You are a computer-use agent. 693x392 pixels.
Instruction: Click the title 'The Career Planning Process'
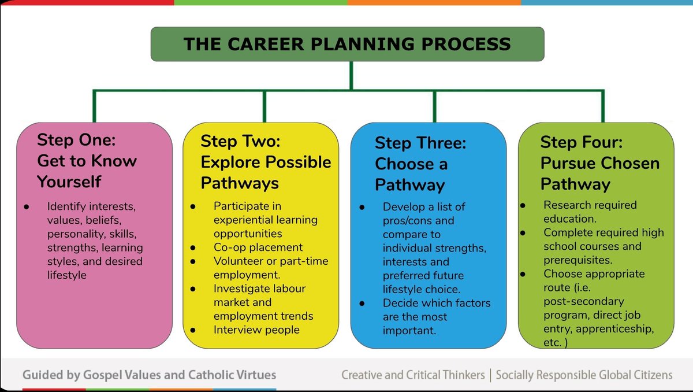(x=346, y=44)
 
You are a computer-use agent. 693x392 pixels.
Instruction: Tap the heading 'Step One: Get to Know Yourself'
(x=87, y=161)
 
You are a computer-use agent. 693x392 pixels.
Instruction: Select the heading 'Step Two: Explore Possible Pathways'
(x=266, y=162)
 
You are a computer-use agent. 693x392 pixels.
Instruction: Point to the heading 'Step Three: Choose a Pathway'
(x=420, y=164)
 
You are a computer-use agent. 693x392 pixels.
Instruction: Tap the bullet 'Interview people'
(x=256, y=330)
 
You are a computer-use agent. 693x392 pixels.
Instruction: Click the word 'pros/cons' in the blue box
(x=411, y=220)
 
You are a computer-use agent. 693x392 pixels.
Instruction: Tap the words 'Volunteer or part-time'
(x=271, y=261)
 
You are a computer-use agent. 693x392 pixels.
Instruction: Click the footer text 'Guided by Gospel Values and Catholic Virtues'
(x=149, y=375)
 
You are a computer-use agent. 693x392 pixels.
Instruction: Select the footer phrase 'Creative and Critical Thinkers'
(x=413, y=375)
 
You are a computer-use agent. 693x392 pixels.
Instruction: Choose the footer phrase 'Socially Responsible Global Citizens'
(x=584, y=375)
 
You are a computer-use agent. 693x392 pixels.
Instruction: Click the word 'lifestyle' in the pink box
(x=67, y=275)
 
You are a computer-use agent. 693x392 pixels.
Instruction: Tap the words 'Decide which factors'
(x=436, y=303)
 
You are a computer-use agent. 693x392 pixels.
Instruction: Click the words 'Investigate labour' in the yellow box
(x=259, y=289)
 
